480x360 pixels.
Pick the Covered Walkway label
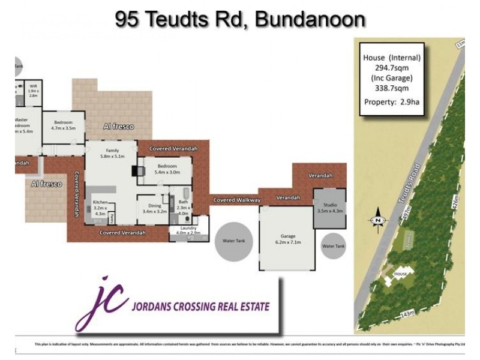(237, 200)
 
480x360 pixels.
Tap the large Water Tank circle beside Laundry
(234, 241)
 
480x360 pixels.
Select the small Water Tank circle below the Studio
(334, 246)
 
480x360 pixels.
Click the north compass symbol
(378, 220)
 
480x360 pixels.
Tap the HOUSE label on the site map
(400, 274)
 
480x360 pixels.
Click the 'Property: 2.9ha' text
(392, 101)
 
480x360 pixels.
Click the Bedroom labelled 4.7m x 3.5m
(62, 124)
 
